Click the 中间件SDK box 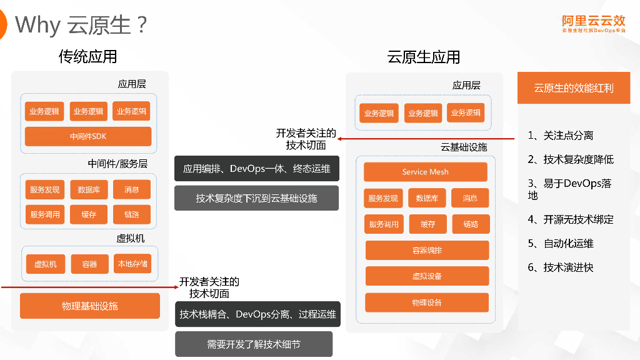coord(88,136)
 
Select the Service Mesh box coord(425,172)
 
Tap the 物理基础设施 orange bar coord(90,306)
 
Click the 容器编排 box coord(427,250)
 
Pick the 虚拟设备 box coord(427,276)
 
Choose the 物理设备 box coord(427,302)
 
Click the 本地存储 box coord(132,264)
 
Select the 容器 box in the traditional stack coord(89,264)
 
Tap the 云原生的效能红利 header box coord(573,88)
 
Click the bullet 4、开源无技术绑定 coord(571,219)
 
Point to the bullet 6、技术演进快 coord(560,267)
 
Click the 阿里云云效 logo coord(592,24)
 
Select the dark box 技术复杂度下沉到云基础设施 coord(256,198)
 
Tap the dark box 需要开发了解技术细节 coord(254,344)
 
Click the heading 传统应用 coord(87,57)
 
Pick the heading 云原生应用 coord(424,57)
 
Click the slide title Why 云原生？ coord(81,25)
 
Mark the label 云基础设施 coord(464,147)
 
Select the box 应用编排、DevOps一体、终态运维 coord(256,169)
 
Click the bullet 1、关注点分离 coord(560,136)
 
